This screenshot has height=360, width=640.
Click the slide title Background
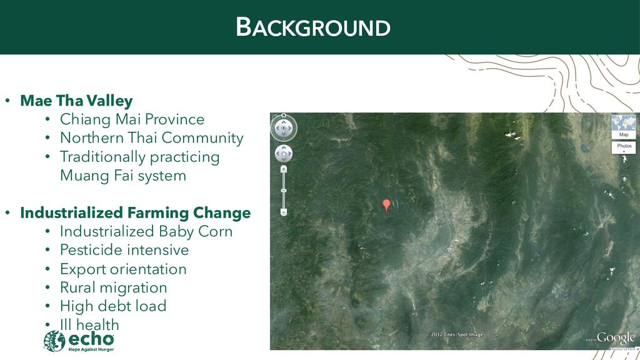point(313,27)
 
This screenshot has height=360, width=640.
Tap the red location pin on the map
point(386,205)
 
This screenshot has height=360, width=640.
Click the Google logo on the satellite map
point(616,337)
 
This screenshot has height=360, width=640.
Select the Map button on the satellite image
point(623,127)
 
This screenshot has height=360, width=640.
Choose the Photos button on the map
point(624,147)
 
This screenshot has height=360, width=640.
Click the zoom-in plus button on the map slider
point(284,169)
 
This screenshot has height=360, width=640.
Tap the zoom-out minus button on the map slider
point(284,212)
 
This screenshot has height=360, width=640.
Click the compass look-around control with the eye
point(284,128)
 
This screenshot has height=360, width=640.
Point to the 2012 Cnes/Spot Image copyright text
point(454,334)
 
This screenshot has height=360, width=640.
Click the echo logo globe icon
point(54,341)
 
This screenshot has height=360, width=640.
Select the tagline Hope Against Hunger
point(91,349)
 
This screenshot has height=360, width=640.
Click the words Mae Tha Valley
point(76,101)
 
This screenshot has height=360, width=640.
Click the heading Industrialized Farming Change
point(136,213)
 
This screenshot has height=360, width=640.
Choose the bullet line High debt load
point(113,306)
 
